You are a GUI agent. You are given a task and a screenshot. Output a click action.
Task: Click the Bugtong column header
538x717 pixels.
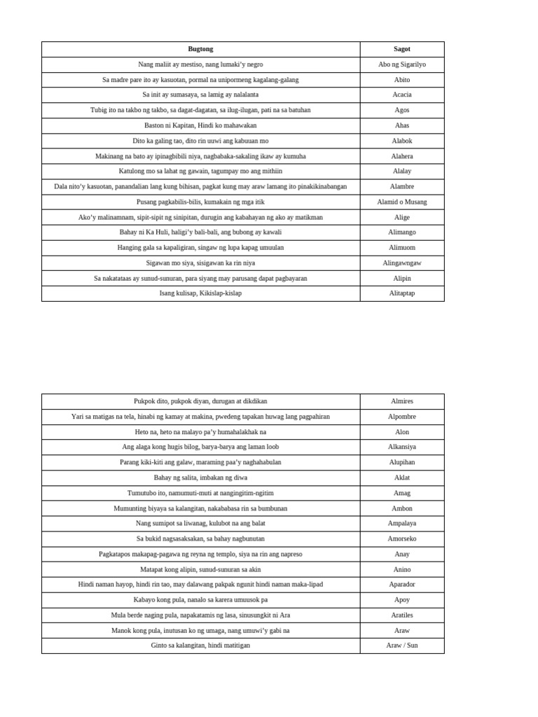point(200,49)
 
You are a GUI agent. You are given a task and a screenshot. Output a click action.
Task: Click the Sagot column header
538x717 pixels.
point(402,49)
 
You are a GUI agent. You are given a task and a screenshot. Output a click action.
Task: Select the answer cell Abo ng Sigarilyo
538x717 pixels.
point(402,64)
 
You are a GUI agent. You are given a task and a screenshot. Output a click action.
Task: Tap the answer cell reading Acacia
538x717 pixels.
point(402,95)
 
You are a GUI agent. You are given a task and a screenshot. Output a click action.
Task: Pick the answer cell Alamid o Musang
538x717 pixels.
point(402,202)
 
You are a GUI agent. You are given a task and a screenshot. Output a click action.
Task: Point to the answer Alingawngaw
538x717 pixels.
point(402,263)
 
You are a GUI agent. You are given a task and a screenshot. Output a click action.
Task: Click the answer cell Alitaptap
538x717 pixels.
point(402,293)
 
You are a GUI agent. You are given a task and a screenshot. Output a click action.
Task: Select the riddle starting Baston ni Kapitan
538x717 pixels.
point(200,125)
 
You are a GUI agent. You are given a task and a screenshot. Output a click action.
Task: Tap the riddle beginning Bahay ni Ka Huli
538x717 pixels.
point(200,232)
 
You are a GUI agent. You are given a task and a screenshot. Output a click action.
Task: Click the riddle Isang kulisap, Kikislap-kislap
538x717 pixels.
point(200,293)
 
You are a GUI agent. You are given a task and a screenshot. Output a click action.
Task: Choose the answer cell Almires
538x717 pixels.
point(402,401)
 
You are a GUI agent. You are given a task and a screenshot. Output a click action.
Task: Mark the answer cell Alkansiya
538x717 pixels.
point(402,447)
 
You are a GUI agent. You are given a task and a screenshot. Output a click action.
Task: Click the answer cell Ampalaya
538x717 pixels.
point(402,523)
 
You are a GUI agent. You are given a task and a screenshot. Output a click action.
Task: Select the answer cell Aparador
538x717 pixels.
point(402,584)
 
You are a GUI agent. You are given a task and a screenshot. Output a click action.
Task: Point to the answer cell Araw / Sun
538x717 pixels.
point(402,645)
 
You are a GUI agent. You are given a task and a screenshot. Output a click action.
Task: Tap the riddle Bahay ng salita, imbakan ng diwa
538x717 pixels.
point(200,478)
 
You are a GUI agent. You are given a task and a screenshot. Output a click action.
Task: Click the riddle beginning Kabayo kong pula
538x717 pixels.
point(200,599)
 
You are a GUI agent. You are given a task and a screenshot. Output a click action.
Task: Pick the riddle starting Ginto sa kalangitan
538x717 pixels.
point(200,645)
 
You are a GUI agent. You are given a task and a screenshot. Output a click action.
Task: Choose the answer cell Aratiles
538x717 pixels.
point(402,615)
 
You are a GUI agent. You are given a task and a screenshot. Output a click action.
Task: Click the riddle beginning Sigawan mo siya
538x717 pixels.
point(200,263)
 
